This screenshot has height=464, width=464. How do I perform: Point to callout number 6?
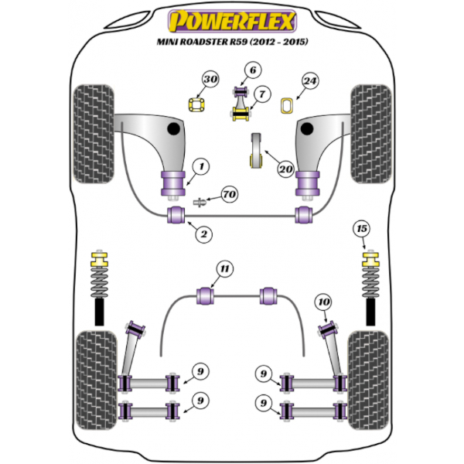coord(251,72)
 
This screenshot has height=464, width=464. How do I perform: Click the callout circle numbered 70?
coord(229,195)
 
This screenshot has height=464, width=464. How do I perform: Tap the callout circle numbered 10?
coord(325,302)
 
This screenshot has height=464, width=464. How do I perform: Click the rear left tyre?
coord(94,371)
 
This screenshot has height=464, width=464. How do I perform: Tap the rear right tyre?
coord(370,371)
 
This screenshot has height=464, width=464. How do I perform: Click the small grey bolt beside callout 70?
coord(199,203)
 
